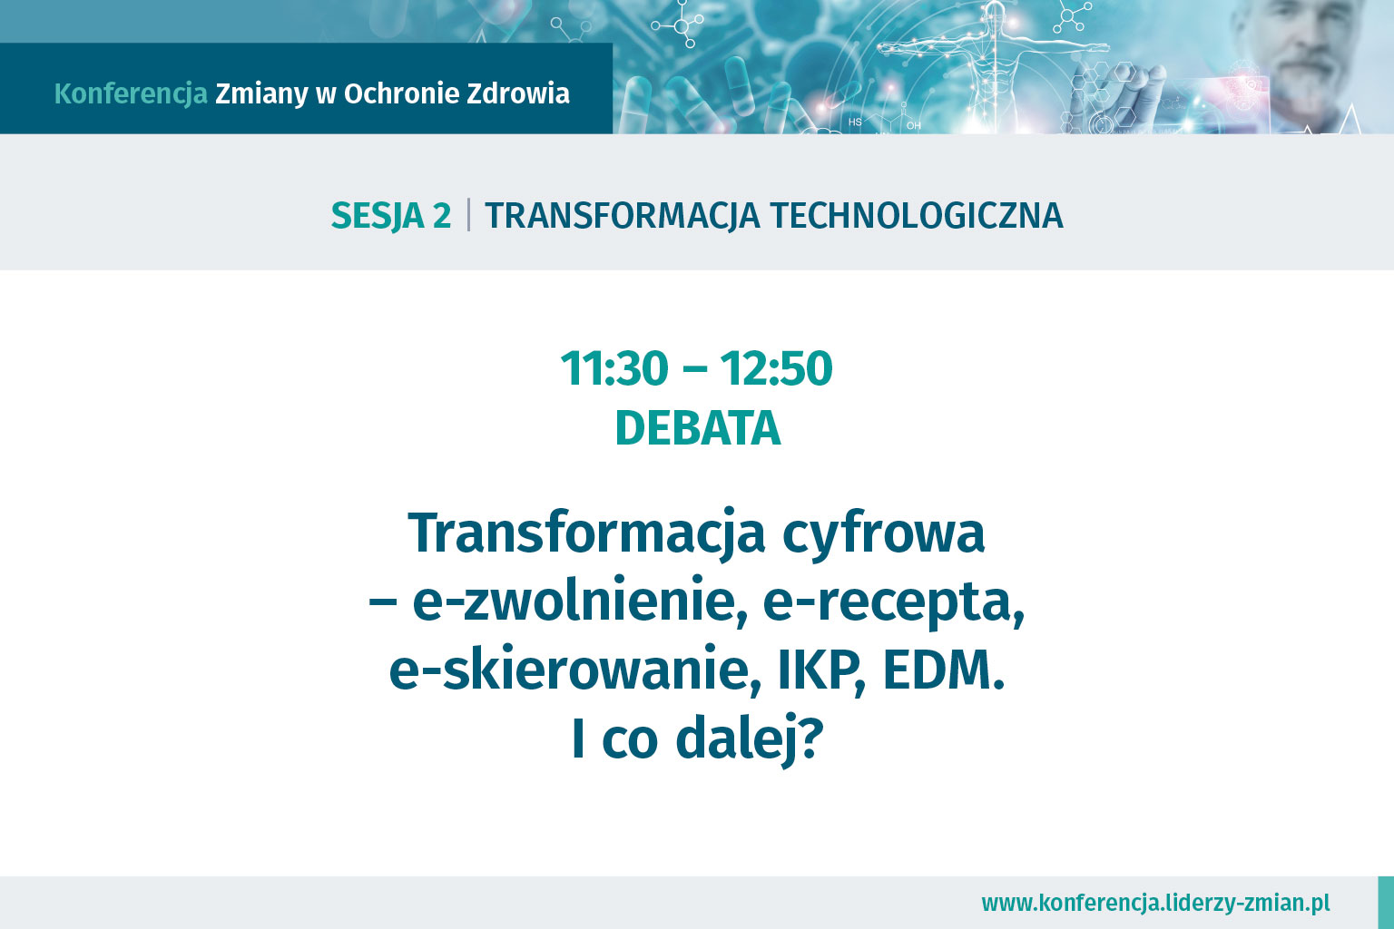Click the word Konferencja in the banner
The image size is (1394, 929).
131,94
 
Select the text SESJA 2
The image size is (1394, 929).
391,216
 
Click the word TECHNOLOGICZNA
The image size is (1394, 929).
917,215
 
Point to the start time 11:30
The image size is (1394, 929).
614,368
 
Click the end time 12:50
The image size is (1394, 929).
776,368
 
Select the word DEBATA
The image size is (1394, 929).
698,428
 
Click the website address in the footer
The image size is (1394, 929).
1155,903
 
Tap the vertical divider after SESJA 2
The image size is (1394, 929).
468,215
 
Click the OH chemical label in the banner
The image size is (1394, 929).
914,126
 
